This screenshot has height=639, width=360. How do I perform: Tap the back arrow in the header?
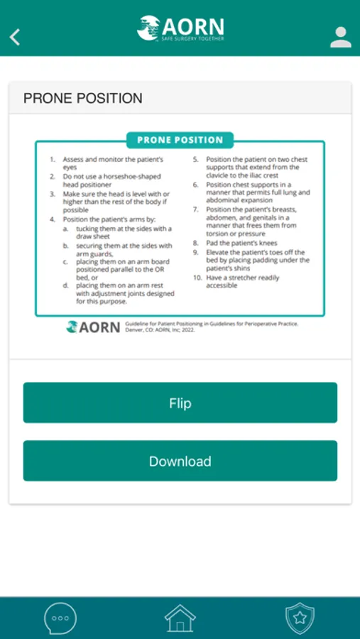click(15, 37)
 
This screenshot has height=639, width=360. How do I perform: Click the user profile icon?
click(340, 37)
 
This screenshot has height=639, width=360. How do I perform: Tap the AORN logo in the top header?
click(180, 28)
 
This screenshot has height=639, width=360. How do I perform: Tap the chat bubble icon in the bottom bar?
click(60, 618)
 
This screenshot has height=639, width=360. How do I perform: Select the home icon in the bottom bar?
click(180, 618)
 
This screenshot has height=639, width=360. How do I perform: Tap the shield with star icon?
click(300, 618)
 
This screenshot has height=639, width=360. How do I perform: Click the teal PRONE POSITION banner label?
click(180, 140)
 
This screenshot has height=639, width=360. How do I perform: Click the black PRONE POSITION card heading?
click(83, 98)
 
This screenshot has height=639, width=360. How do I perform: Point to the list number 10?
click(197, 278)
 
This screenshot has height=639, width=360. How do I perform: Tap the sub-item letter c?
click(65, 261)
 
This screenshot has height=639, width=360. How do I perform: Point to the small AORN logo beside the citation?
click(93, 327)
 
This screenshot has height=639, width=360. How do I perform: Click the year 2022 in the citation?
click(188, 330)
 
